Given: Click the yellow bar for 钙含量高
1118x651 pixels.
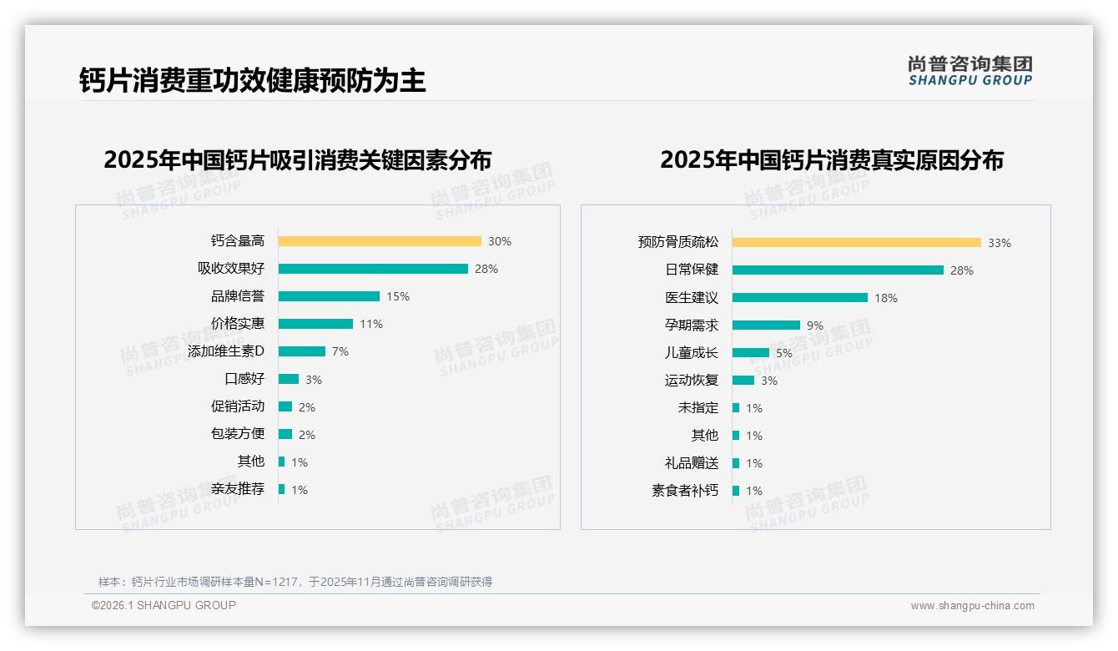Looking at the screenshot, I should tap(380, 241).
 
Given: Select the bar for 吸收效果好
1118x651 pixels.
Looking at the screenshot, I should tap(373, 269).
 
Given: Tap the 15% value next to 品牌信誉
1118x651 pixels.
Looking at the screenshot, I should tap(398, 296).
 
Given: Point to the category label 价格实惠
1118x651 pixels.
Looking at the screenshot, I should tap(238, 324).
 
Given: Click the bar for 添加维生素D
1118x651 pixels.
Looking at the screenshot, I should tap(302, 351).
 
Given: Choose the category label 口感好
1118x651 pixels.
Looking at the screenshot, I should tap(244, 379).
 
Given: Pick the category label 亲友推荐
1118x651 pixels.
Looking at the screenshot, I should tap(238, 489).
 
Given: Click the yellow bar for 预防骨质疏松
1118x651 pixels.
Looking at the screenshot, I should tap(857, 243).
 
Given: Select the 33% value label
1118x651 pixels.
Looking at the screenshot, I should tap(1000, 243).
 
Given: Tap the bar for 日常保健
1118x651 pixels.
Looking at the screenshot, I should tap(838, 270).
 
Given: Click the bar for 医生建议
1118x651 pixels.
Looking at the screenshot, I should tap(800, 298).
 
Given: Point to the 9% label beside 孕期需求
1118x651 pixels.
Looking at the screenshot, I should tap(815, 325).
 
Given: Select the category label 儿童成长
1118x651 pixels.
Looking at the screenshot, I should tap(692, 353).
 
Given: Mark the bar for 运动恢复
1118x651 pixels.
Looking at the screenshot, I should tap(743, 381).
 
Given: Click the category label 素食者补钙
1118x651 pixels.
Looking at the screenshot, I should tap(685, 491).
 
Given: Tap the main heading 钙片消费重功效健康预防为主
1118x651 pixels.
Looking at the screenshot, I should tap(253, 80).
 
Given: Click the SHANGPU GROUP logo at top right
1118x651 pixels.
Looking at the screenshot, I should tap(970, 71).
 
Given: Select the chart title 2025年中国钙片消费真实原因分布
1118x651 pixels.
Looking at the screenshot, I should tap(832, 159).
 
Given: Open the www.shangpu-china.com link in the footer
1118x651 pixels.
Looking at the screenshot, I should tap(972, 606).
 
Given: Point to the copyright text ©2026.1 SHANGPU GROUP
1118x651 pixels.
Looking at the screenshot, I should tap(164, 605).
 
